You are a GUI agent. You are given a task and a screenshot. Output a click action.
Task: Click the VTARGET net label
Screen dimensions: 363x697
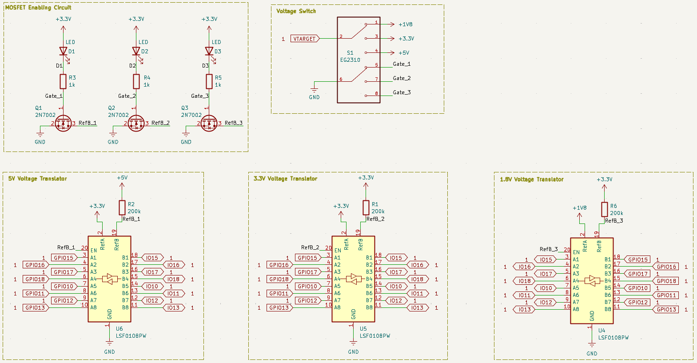pos(304,39)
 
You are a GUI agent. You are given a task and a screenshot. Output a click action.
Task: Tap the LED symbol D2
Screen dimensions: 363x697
pos(136,52)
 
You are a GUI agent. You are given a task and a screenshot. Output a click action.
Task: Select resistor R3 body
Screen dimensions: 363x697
pos(63,81)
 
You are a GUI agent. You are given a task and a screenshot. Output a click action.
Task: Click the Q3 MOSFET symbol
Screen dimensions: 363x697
pos(209,123)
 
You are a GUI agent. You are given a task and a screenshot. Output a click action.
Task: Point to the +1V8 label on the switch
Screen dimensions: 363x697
pos(405,24)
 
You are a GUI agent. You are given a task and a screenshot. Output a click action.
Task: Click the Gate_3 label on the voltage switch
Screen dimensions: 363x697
pos(402,92)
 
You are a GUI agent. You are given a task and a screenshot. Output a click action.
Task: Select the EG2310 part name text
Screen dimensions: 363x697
pos(350,60)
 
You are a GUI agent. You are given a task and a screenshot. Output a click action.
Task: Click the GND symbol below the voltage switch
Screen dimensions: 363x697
pos(314,91)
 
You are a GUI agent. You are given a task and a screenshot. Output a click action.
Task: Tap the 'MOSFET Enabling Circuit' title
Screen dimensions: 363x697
pos(38,8)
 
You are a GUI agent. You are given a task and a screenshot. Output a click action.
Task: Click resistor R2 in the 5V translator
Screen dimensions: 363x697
pos(122,207)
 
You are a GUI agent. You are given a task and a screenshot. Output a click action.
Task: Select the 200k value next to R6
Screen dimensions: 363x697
pos(616,213)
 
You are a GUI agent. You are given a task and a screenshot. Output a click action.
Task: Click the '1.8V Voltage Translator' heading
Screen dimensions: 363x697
pos(531,180)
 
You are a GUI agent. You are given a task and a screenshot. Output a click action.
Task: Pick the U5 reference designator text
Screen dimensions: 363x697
pos(363,329)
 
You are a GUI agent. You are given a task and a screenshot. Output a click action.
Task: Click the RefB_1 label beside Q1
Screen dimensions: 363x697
pos(88,123)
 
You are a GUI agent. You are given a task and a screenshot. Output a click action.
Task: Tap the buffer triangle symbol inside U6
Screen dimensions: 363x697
pos(109,279)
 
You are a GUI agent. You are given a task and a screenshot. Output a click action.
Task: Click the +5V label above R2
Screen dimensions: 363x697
pos(122,178)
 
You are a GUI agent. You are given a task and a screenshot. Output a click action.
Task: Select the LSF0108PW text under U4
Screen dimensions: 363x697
pos(613,338)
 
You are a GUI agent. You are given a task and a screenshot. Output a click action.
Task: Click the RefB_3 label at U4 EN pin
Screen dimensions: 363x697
pos(549,249)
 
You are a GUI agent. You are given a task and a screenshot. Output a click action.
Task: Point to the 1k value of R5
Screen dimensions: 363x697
pos(218,85)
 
